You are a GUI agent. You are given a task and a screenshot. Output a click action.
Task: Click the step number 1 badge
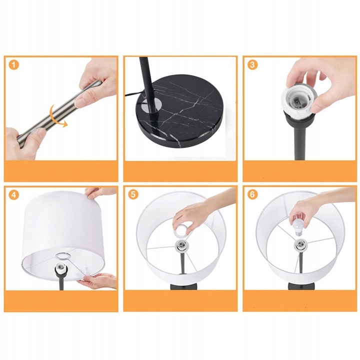tap(14, 65)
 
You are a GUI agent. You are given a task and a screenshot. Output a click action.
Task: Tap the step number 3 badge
tap(252, 64)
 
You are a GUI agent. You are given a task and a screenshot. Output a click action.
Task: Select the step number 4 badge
tap(14, 194)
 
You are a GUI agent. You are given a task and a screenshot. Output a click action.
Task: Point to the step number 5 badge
tap(133, 194)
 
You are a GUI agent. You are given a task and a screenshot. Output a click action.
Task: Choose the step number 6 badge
tap(252, 194)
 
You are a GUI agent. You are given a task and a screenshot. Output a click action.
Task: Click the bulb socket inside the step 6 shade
tap(300, 244)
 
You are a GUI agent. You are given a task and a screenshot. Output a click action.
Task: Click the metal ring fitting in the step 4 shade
tap(63, 255)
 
